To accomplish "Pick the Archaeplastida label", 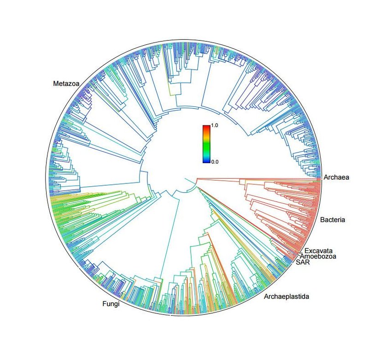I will (x=286, y=296).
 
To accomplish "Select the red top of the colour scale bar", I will (x=206, y=128).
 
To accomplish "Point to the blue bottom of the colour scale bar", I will (x=206, y=160).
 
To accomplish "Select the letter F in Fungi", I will (x=103, y=304).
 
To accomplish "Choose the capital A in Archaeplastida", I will (x=266, y=296).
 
